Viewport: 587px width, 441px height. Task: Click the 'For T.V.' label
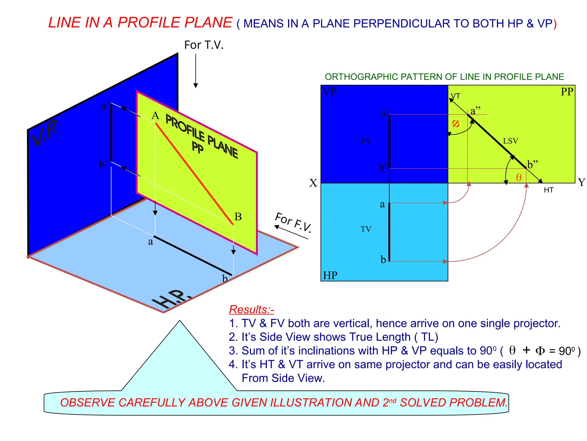pos(204,45)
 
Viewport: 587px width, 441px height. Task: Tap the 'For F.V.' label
pos(293,222)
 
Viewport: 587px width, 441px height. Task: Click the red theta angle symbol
pos(518,177)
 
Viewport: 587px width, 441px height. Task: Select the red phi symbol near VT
pos(455,124)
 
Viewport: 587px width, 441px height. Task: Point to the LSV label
pos(510,141)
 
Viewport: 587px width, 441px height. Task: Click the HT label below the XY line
pos(549,190)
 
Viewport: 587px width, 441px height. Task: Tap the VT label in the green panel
pos(455,96)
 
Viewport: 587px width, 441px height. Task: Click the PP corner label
pos(567,92)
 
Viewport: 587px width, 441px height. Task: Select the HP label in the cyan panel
pos(330,275)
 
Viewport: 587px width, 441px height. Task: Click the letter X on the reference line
pos(313,183)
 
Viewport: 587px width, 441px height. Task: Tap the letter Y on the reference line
pos(582,182)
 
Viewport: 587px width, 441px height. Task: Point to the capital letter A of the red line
pos(155,116)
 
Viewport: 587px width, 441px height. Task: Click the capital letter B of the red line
pos(238,216)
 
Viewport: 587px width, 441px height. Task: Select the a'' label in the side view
pos(476,111)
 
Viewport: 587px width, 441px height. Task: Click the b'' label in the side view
pos(533,165)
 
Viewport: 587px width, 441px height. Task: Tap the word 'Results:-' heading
pos(251,310)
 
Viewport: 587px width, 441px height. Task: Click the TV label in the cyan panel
pos(366,229)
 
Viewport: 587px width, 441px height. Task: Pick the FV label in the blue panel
pos(366,141)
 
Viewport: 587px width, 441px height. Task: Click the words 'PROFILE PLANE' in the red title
pos(175,23)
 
